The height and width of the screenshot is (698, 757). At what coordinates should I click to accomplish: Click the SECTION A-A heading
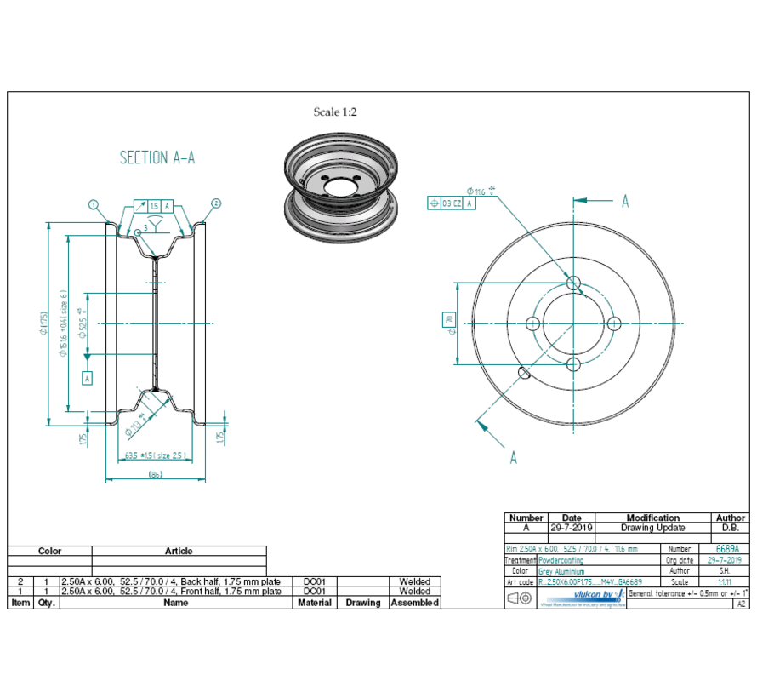click(157, 157)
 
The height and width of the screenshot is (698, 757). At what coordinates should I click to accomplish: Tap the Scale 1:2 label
click(335, 112)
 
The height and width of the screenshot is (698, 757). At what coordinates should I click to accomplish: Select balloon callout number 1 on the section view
click(93, 204)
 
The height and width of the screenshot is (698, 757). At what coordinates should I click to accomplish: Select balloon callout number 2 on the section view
click(216, 203)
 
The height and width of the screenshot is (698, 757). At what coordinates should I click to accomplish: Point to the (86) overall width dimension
click(155, 473)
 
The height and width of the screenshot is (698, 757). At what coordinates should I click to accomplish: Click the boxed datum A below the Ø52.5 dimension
click(87, 377)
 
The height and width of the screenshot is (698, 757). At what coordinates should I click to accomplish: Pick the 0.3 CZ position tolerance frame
click(452, 203)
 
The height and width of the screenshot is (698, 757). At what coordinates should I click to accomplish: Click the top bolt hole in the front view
click(573, 282)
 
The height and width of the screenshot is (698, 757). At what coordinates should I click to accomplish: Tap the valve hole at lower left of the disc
click(522, 371)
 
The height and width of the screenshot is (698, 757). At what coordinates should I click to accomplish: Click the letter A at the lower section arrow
click(513, 457)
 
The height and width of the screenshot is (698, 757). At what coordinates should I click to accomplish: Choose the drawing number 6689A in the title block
click(727, 550)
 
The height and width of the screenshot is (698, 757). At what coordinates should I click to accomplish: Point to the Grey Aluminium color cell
click(561, 572)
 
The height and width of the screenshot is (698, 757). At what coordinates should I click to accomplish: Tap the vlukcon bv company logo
click(583, 596)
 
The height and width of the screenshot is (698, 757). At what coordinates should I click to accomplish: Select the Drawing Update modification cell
click(652, 528)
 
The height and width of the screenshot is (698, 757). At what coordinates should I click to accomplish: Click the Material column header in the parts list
click(315, 602)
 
